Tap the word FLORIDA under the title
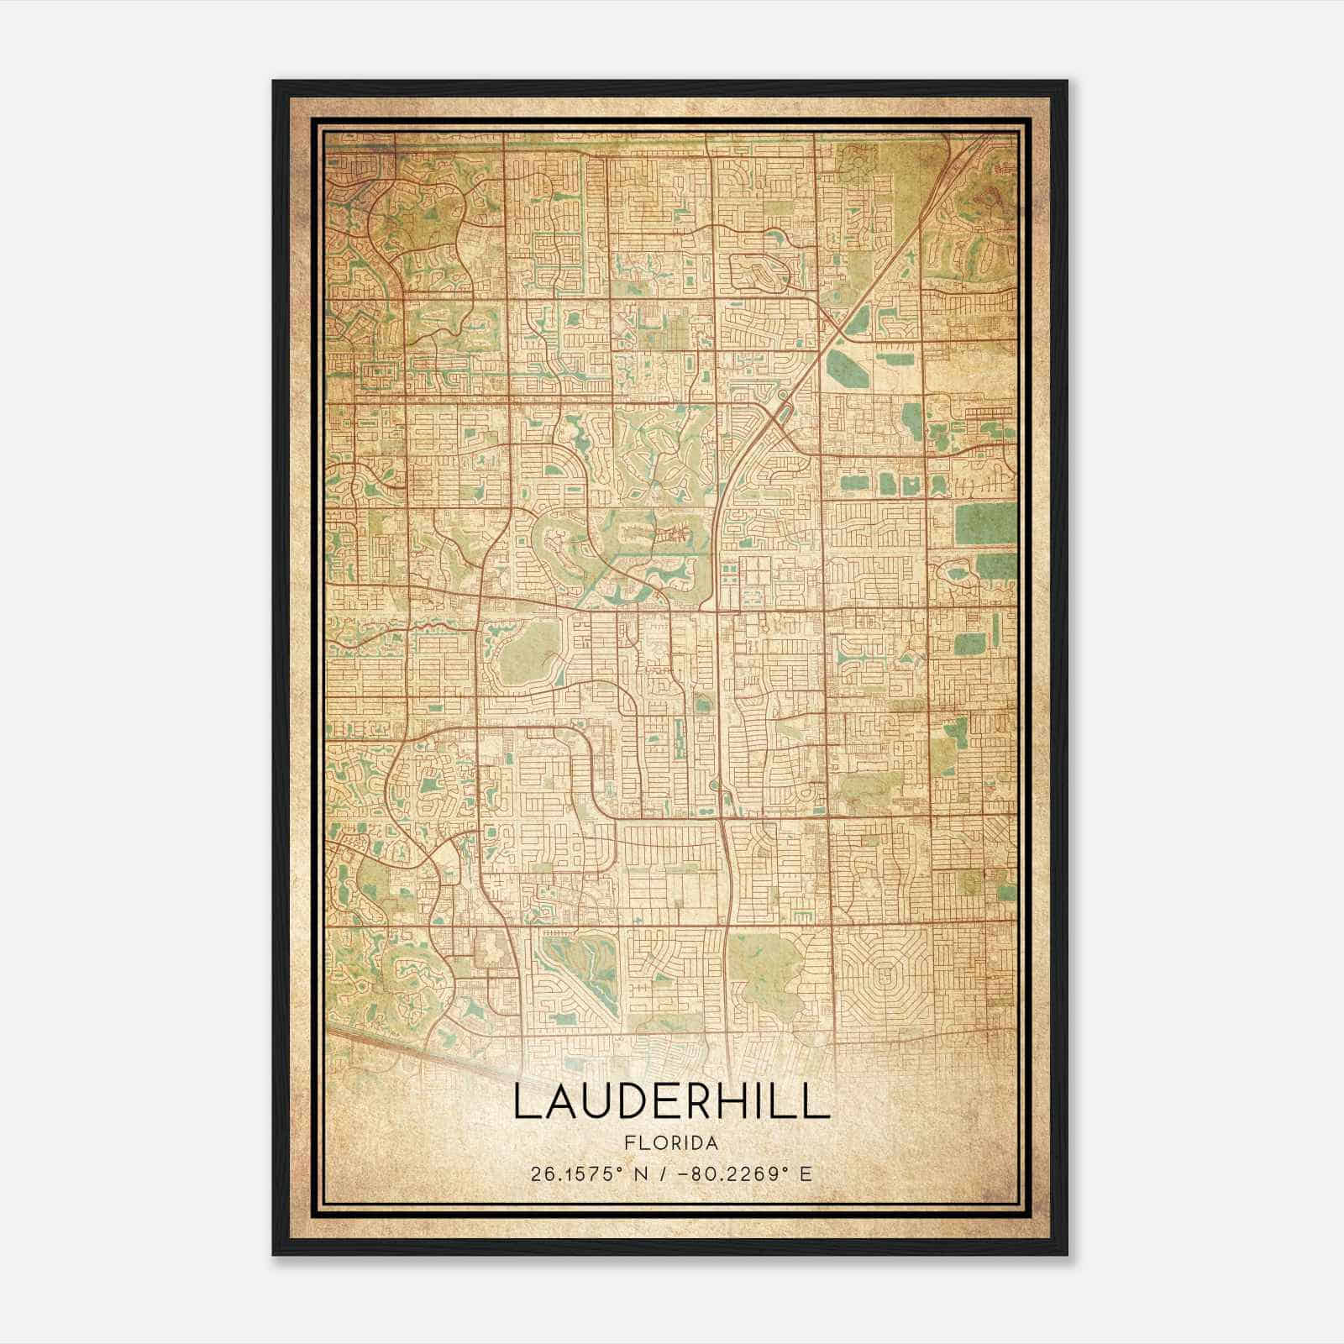click(671, 1143)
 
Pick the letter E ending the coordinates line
click(806, 1173)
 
